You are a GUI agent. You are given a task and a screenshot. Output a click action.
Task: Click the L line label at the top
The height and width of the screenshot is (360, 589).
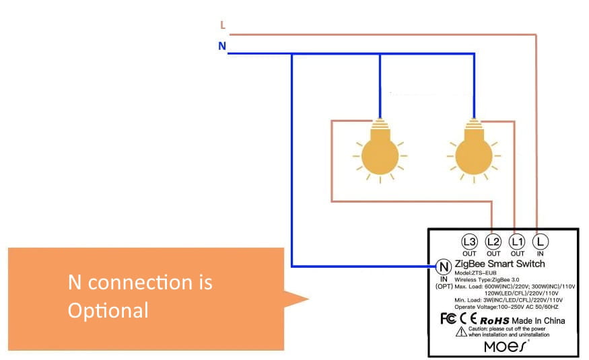223,26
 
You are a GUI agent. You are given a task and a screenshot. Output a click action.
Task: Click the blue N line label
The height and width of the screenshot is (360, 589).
222,46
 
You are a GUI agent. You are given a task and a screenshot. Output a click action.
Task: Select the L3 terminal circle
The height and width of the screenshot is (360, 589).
469,241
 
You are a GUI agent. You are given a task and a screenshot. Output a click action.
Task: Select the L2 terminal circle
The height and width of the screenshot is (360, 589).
493,241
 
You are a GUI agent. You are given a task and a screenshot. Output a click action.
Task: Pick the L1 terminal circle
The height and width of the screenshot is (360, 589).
516,241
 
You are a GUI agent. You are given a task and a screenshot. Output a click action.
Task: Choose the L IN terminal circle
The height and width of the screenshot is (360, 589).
540,241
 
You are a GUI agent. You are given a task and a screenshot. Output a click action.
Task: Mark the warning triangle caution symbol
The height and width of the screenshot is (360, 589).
461,332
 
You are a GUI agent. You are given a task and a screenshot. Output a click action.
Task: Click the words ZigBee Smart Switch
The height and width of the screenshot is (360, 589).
499,264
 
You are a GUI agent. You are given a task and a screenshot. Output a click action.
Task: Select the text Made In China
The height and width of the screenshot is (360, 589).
538,320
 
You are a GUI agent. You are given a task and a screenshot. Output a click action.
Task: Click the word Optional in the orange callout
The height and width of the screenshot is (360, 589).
108,310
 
